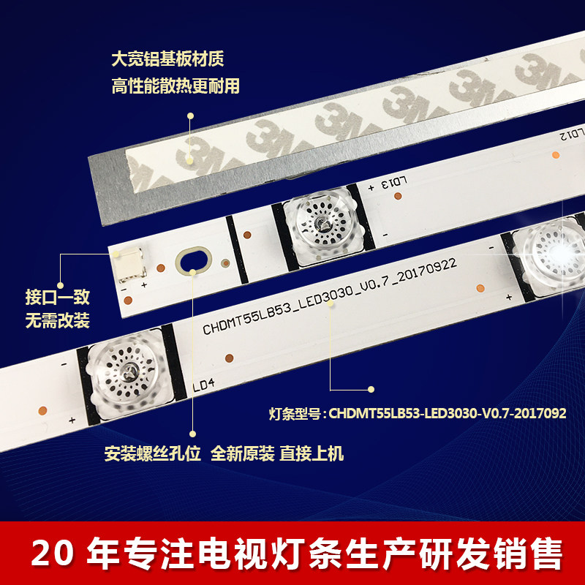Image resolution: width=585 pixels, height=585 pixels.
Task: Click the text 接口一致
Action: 57,298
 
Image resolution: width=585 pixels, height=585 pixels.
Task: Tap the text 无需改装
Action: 57,321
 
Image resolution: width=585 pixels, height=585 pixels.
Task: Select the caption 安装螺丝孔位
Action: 152,453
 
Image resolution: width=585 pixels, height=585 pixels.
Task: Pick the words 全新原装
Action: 243,453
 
